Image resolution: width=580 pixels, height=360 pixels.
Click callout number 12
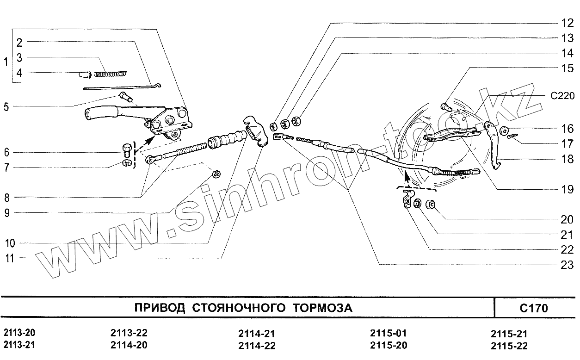tap(567, 22)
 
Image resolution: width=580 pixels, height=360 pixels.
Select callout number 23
tap(567, 265)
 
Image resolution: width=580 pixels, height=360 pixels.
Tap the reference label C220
tap(562, 96)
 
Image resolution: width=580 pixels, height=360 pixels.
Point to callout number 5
tap(6, 107)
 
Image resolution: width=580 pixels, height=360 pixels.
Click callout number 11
tap(9, 259)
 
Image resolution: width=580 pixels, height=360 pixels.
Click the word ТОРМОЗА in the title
tap(322, 308)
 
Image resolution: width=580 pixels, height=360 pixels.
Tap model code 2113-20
tap(19, 334)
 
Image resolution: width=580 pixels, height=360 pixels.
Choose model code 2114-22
tap(257, 346)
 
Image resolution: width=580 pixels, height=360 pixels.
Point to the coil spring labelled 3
tap(111, 73)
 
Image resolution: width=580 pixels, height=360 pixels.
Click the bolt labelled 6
tap(126, 149)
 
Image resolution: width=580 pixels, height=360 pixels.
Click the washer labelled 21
tap(417, 203)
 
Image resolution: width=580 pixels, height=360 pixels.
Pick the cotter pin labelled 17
tap(514, 136)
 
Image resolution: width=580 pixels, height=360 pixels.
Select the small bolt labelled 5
tap(125, 97)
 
